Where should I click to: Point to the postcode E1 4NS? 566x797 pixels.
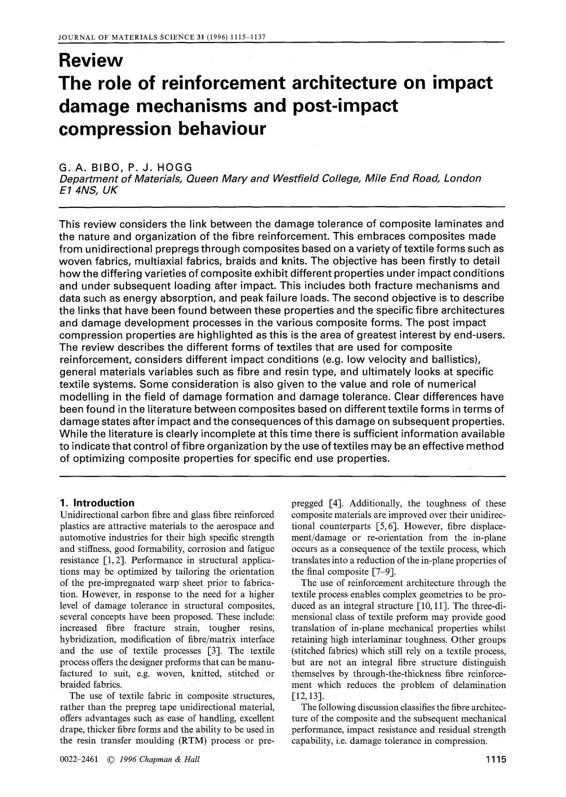click(79, 191)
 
